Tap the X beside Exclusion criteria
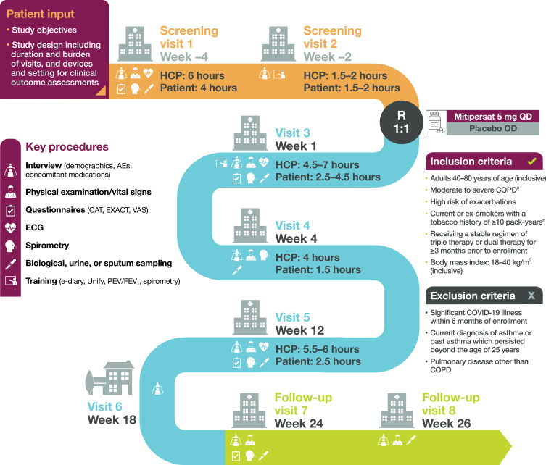point(531,275)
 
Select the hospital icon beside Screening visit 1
point(135,43)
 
